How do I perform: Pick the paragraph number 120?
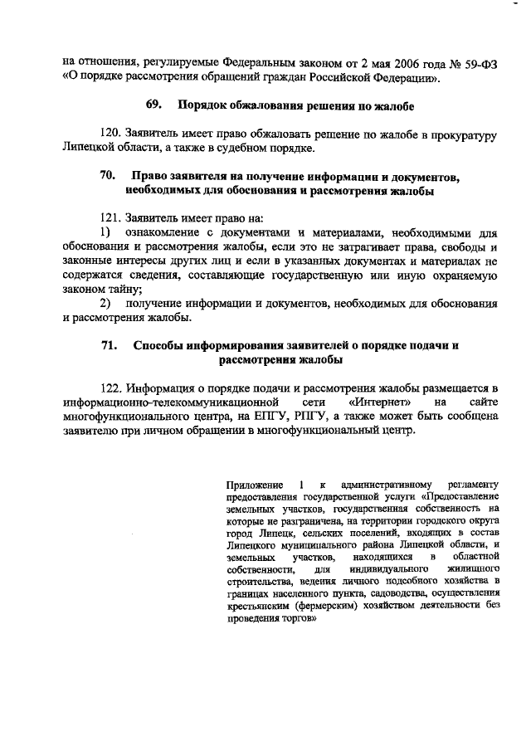point(111,134)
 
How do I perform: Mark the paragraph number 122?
point(111,388)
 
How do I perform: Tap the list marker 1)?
point(106,232)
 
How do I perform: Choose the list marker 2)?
point(106,304)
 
